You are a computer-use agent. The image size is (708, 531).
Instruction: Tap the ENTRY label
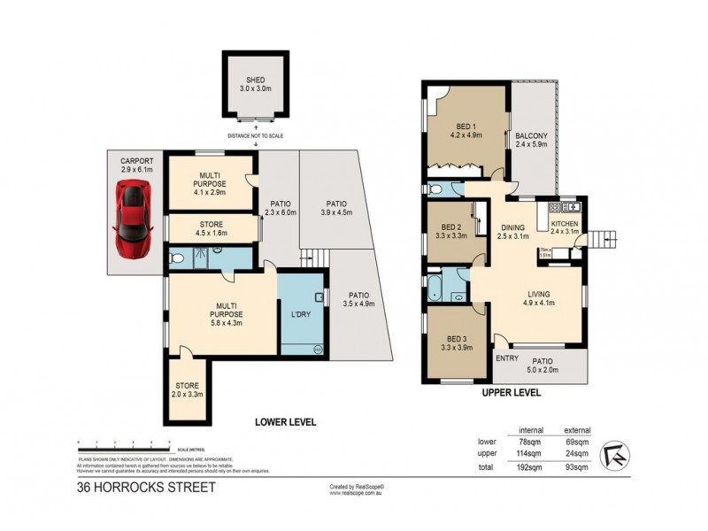[507, 358]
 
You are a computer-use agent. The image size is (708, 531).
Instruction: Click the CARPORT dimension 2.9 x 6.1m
[136, 170]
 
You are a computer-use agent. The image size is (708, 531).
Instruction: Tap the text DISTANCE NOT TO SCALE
[256, 135]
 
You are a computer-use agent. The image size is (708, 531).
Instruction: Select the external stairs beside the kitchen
[604, 238]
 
